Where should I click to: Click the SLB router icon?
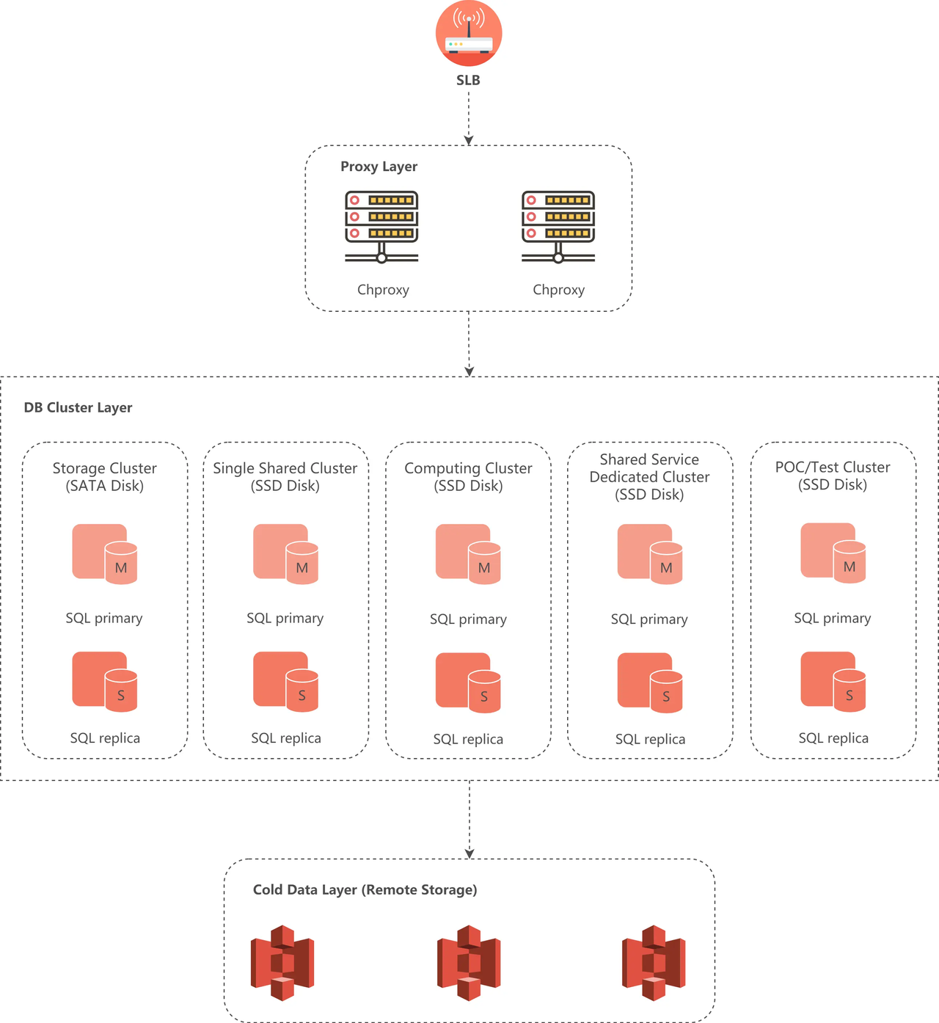click(x=469, y=34)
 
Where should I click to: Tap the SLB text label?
click(x=468, y=80)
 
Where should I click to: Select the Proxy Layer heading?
click(x=379, y=167)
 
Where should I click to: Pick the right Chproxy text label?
click(x=558, y=290)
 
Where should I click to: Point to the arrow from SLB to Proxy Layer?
click(x=469, y=117)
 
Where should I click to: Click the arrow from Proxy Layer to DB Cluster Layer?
click(x=469, y=343)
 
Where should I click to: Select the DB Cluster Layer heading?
click(x=78, y=407)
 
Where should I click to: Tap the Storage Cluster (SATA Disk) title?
click(x=105, y=477)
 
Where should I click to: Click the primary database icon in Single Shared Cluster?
click(x=285, y=554)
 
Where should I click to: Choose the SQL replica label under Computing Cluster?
click(x=468, y=739)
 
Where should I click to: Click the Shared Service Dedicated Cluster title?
click(x=649, y=477)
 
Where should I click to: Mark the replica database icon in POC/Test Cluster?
click(x=833, y=682)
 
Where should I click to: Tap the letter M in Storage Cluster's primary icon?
click(x=121, y=568)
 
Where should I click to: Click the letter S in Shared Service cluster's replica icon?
click(x=666, y=696)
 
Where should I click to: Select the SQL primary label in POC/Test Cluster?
click(x=832, y=618)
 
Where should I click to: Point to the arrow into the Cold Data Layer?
click(x=469, y=819)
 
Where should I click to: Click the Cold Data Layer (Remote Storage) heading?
click(x=365, y=889)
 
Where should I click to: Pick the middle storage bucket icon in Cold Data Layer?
click(x=469, y=963)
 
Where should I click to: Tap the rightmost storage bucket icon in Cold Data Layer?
click(x=654, y=963)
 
